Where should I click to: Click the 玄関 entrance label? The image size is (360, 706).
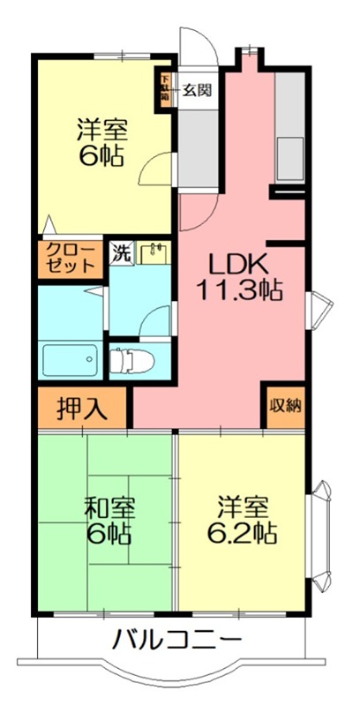[199, 89]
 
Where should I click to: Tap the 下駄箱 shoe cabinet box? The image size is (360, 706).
[165, 88]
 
